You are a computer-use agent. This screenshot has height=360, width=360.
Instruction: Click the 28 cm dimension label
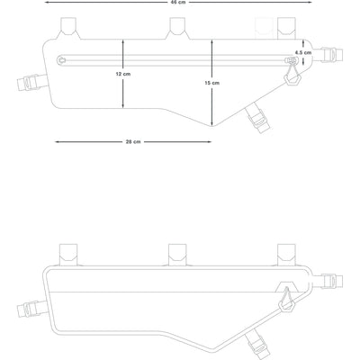(132, 141)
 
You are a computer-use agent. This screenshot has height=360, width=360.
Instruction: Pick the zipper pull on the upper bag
(290, 70)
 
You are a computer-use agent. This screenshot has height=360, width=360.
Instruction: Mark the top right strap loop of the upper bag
(287, 26)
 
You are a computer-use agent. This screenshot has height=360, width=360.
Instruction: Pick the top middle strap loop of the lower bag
(177, 255)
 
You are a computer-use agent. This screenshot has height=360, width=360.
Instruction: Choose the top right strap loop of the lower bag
(287, 253)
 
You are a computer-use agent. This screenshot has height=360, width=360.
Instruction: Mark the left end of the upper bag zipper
(61, 60)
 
